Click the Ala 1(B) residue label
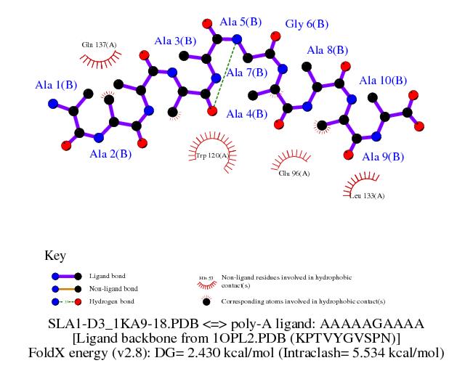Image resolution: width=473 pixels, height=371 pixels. [56, 85]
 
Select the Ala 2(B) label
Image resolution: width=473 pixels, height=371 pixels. [110, 154]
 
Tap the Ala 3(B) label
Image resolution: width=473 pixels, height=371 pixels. [175, 41]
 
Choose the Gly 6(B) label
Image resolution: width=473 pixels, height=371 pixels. [305, 24]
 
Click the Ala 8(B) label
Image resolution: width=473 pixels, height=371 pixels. [328, 50]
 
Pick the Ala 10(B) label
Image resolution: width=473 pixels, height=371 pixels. [383, 81]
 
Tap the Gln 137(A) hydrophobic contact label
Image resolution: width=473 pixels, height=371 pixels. [99, 45]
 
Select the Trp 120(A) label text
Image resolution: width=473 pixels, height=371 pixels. [212, 155]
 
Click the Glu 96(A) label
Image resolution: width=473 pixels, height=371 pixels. [294, 174]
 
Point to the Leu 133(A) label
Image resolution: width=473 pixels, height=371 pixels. [367, 196]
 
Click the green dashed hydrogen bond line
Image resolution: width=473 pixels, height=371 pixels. [225, 75]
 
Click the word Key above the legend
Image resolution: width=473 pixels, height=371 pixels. [55, 256]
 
